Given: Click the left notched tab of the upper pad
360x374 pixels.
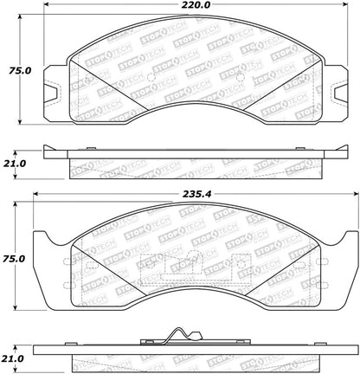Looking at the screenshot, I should click(x=54, y=84).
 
